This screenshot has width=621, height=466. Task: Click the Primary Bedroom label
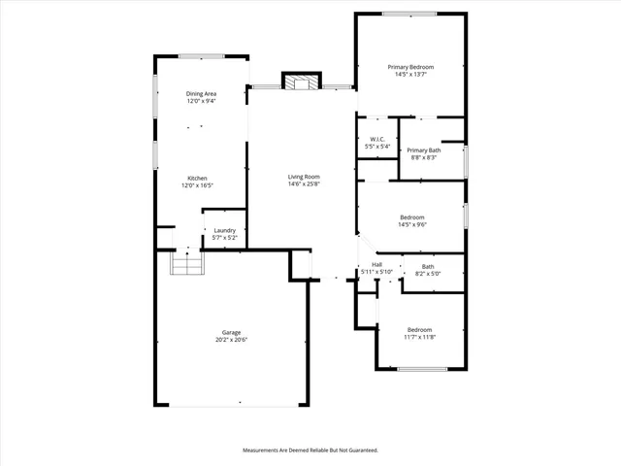(x=410, y=67)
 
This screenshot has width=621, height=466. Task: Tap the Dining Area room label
(x=201, y=93)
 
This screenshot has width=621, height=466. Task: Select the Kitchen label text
(x=197, y=179)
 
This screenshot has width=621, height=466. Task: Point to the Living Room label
(x=304, y=177)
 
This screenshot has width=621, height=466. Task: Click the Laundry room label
(x=224, y=230)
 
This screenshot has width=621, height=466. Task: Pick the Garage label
(x=231, y=332)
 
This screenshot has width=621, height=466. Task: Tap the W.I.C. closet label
(x=377, y=139)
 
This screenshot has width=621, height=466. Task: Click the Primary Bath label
(x=423, y=150)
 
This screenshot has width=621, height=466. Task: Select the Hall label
(x=376, y=265)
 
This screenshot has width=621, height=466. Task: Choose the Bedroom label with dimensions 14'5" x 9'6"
(x=412, y=216)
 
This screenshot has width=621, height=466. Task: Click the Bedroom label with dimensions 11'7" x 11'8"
(x=419, y=329)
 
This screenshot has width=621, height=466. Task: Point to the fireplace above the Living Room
(x=300, y=82)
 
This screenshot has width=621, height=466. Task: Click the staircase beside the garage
(x=185, y=261)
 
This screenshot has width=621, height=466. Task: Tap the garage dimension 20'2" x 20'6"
(x=231, y=340)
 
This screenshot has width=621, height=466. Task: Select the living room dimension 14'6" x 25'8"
(x=304, y=184)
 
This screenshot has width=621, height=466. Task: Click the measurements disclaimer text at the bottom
(x=310, y=450)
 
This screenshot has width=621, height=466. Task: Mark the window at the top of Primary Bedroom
(x=408, y=14)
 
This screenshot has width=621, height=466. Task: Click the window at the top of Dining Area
(x=202, y=56)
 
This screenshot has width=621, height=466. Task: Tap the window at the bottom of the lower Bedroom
(x=422, y=368)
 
